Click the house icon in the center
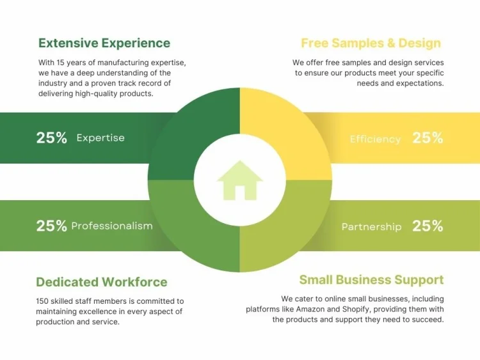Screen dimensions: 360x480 point(240,180)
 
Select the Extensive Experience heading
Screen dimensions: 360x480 point(104,43)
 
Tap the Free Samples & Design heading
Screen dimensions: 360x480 point(371,43)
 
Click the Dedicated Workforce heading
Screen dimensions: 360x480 point(101,282)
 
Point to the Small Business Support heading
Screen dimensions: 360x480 point(371,279)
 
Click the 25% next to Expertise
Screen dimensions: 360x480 point(52,137)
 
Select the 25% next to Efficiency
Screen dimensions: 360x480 point(428,137)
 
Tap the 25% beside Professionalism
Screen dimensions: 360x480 point(52,226)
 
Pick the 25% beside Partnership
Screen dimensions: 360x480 point(428,226)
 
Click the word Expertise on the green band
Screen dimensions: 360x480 point(100,137)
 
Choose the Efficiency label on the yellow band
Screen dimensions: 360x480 point(375,139)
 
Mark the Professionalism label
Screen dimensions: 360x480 point(112,226)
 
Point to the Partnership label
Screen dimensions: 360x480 point(371,227)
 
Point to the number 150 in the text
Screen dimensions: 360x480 point(43,301)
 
